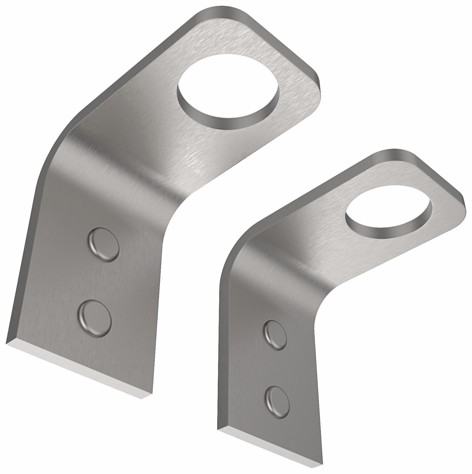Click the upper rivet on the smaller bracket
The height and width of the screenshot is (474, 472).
(275, 334)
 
